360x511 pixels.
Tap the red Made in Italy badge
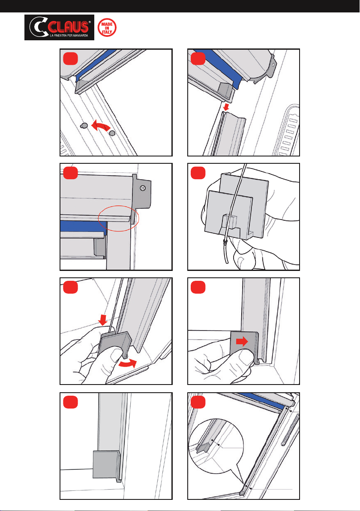(107, 27)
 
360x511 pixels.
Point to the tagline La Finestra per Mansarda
(69, 36)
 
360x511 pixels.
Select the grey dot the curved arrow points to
(84, 126)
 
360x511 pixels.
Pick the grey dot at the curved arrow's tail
(112, 133)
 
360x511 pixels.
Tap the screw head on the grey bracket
(142, 188)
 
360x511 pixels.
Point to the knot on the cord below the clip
(225, 241)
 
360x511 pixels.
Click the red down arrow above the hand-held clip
(103, 320)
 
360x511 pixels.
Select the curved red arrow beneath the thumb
(127, 364)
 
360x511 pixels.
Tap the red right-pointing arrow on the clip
(242, 342)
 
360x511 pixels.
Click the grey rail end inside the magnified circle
(203, 448)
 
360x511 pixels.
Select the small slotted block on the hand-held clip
(229, 222)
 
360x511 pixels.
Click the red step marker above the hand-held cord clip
(198, 173)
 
